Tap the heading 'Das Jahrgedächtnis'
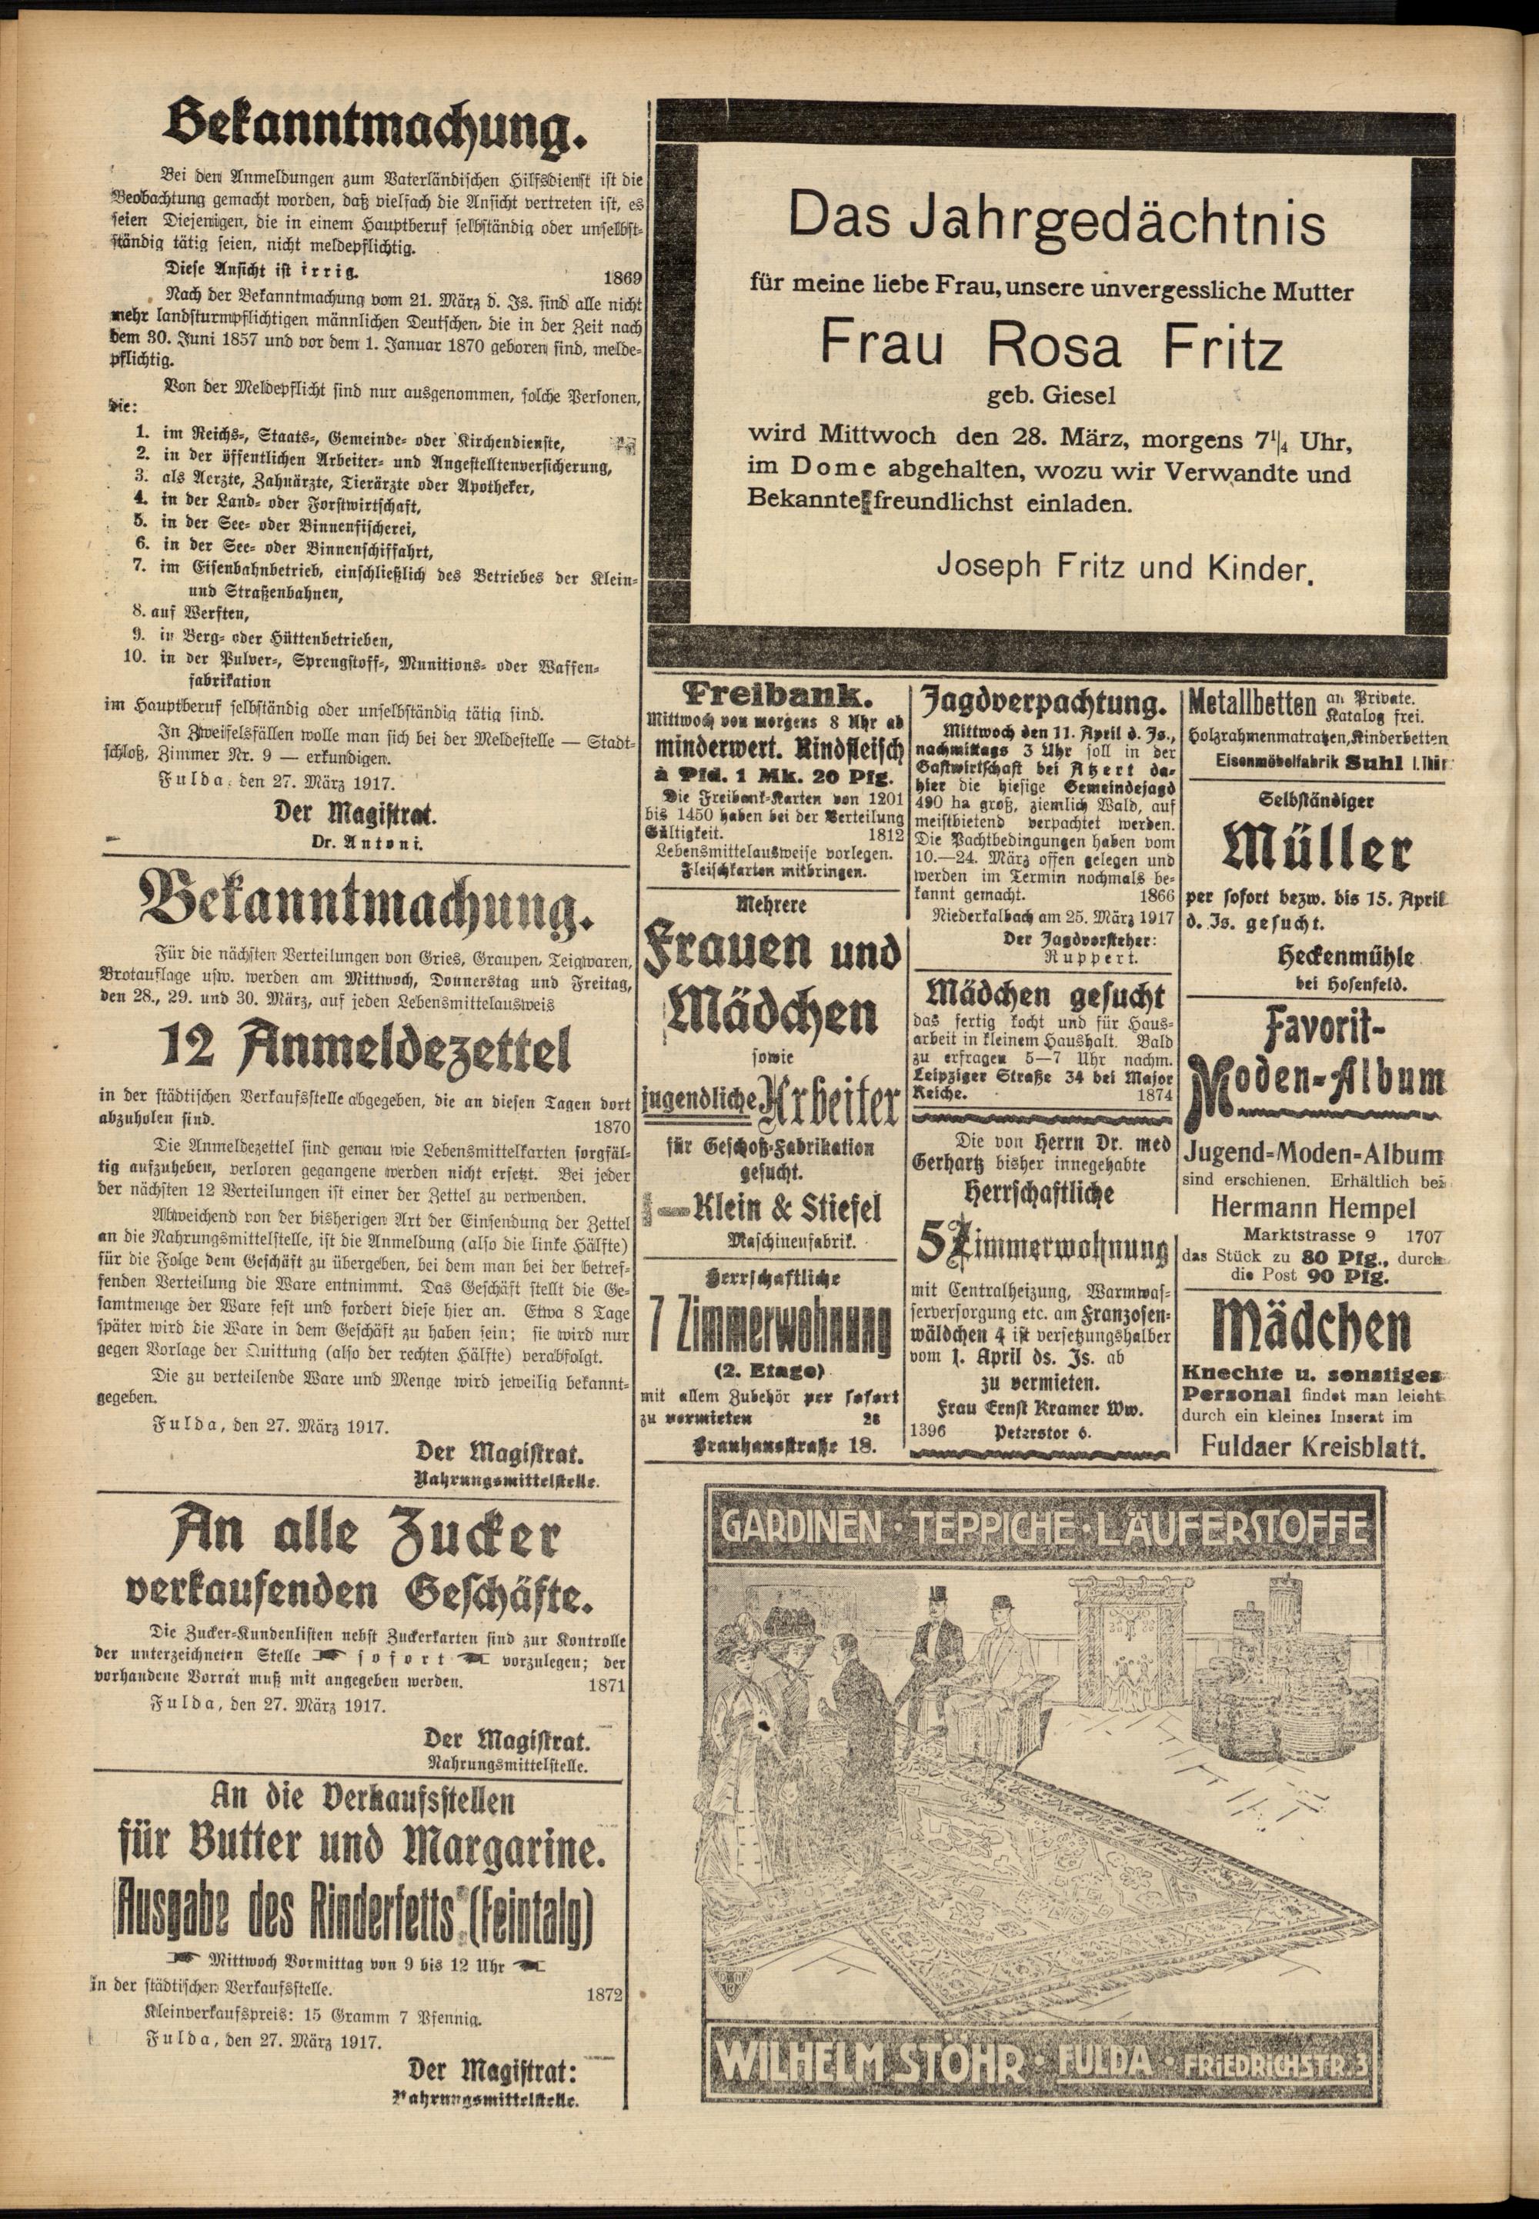click(x=1056, y=221)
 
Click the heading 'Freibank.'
click(x=774, y=696)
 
